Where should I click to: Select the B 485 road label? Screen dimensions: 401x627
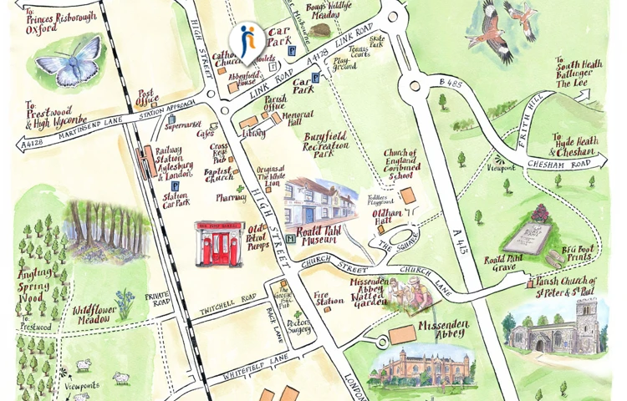tap(449, 84)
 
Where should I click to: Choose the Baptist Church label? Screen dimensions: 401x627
tap(219, 175)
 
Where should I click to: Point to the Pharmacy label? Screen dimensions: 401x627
tap(231, 199)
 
